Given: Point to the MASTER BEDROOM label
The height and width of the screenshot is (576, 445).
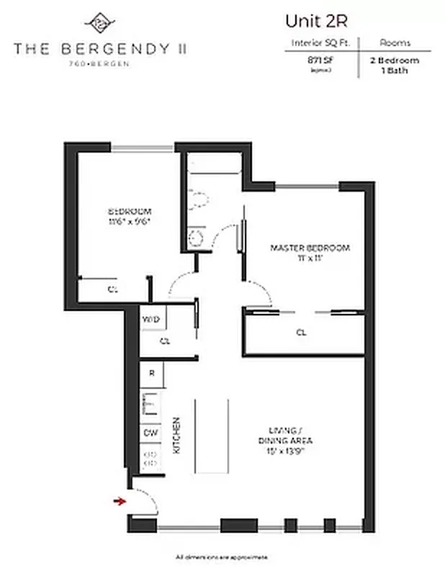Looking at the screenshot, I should tap(310, 248).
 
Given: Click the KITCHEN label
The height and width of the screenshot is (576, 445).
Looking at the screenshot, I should tap(176, 434).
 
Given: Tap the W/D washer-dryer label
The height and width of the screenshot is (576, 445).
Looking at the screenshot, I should tap(150, 319).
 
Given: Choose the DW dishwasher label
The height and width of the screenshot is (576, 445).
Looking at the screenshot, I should tap(150, 433).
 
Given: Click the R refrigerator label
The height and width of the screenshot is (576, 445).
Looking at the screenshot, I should tap(151, 374).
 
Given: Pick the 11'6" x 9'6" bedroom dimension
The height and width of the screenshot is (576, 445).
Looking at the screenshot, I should tap(130, 221).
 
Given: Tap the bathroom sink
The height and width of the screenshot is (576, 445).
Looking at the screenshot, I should tap(194, 235).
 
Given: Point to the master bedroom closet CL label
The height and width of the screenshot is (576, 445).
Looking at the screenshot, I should tap(301, 333).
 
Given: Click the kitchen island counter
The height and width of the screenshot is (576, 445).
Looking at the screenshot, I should tap(212, 436).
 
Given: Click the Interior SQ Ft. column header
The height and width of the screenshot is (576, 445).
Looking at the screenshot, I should tap(320, 43).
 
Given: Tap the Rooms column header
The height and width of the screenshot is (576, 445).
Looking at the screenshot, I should tap(395, 43).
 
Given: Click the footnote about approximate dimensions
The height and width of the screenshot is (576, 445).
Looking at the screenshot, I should tap(222, 557).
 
